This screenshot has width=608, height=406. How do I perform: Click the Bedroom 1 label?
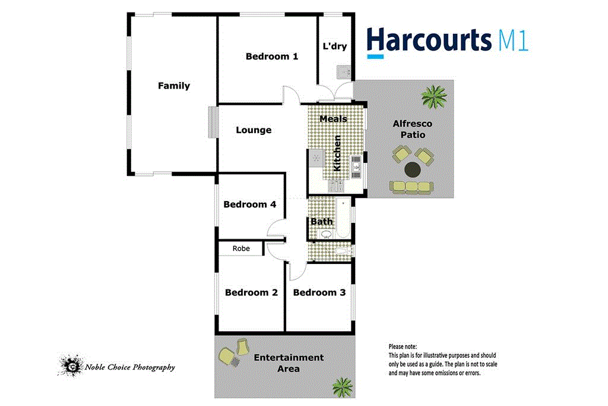point(271,56)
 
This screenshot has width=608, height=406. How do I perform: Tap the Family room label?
point(174,86)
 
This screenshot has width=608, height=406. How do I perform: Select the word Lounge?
point(254,130)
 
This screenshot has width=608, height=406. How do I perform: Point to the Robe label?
point(240,248)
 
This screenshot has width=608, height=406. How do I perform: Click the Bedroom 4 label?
point(249,204)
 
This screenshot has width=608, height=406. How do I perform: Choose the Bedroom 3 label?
point(319,292)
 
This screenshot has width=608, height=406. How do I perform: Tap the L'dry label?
point(334,46)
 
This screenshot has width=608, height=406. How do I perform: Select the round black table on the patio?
point(413,170)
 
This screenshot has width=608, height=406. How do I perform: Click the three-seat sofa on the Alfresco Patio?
point(411,187)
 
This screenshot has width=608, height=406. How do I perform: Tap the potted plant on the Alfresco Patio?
point(435,96)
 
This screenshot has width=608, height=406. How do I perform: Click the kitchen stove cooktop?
point(316,158)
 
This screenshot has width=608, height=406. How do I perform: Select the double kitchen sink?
point(355,166)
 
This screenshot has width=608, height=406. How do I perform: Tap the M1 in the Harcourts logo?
point(510,41)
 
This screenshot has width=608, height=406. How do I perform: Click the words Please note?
point(403,347)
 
